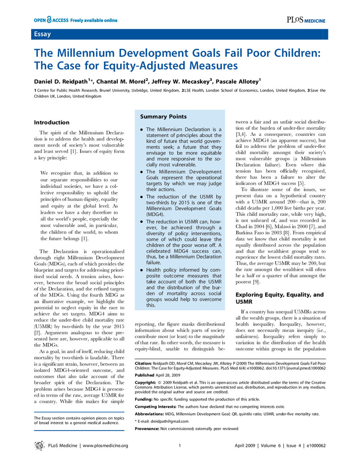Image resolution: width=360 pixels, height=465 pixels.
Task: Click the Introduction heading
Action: click(x=52, y=122)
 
